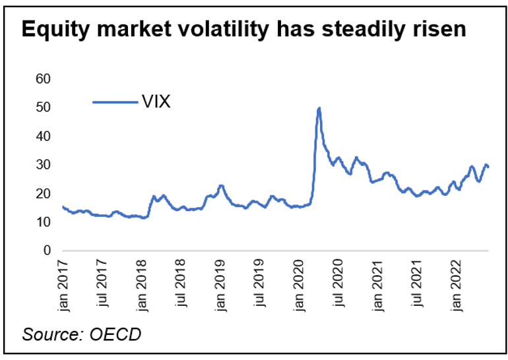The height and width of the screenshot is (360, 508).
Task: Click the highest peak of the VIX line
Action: (x=319, y=108)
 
